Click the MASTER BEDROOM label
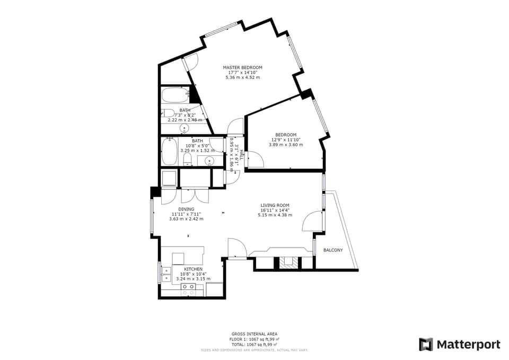[x=242, y=67]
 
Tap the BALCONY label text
[x=333, y=250]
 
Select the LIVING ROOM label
[x=275, y=205]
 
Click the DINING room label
[x=186, y=209]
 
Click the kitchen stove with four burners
[x=188, y=289]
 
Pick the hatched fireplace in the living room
[x=288, y=261]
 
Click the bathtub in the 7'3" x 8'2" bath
[x=174, y=95]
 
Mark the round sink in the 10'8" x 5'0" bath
[x=209, y=161]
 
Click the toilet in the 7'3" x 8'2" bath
[x=167, y=113]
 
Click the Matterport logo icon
[x=426, y=345]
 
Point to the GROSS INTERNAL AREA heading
[x=254, y=334]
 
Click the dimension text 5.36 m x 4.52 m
[x=242, y=77]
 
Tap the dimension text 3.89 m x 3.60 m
[x=285, y=145]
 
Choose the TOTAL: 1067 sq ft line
[x=254, y=345]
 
